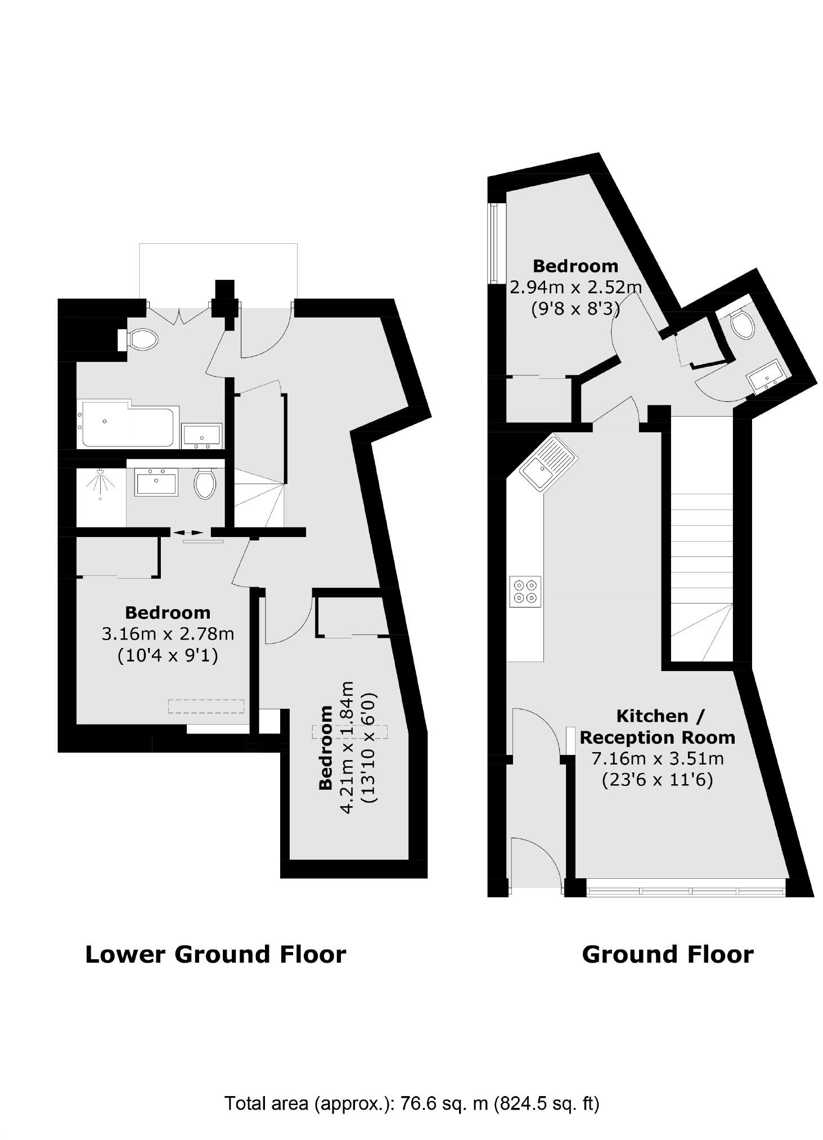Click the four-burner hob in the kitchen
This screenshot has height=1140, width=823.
pos(525,592)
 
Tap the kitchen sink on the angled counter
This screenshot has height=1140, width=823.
pos(545,460)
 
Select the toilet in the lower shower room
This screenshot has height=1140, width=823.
pos(205,483)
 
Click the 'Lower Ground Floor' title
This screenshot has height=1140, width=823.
pos(215,955)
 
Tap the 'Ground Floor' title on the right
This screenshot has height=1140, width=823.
pos(667,955)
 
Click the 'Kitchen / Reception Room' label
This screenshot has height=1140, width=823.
pos(657,726)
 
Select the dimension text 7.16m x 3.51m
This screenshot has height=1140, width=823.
pos(657,758)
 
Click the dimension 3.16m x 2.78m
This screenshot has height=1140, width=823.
pos(168,634)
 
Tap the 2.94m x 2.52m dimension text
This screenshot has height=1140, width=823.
pos(575,287)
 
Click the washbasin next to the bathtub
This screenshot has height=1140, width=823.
pos(201,436)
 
